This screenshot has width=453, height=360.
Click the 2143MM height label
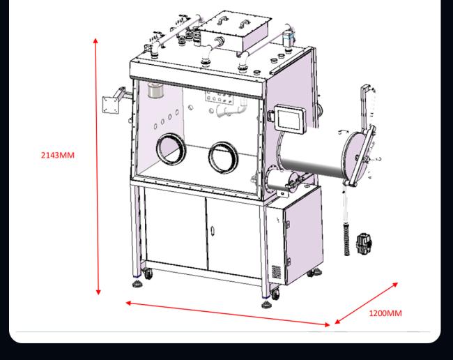(x=57, y=155)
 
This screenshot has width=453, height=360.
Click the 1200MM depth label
(x=385, y=313)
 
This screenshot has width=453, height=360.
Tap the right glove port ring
(x=223, y=156)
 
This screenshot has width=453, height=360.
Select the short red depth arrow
(x=367, y=303)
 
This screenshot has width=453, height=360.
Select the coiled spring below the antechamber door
(x=344, y=230)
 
